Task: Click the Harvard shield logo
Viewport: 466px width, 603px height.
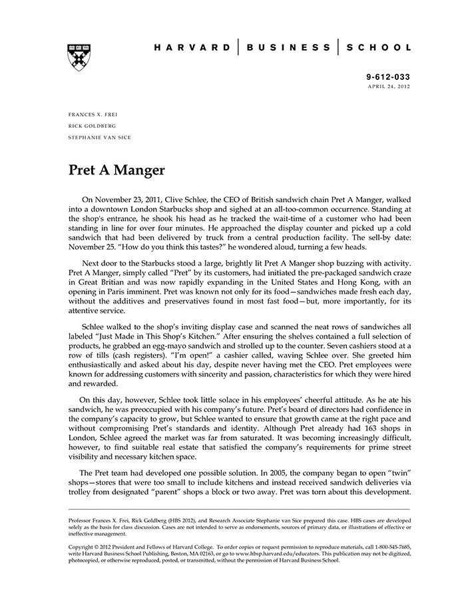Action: [79, 58]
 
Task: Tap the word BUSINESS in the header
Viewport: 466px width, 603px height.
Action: [288, 47]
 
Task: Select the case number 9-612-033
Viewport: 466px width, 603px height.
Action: [389, 77]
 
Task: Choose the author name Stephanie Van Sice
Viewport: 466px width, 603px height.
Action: [100, 137]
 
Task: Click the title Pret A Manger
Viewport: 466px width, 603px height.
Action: [116, 170]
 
